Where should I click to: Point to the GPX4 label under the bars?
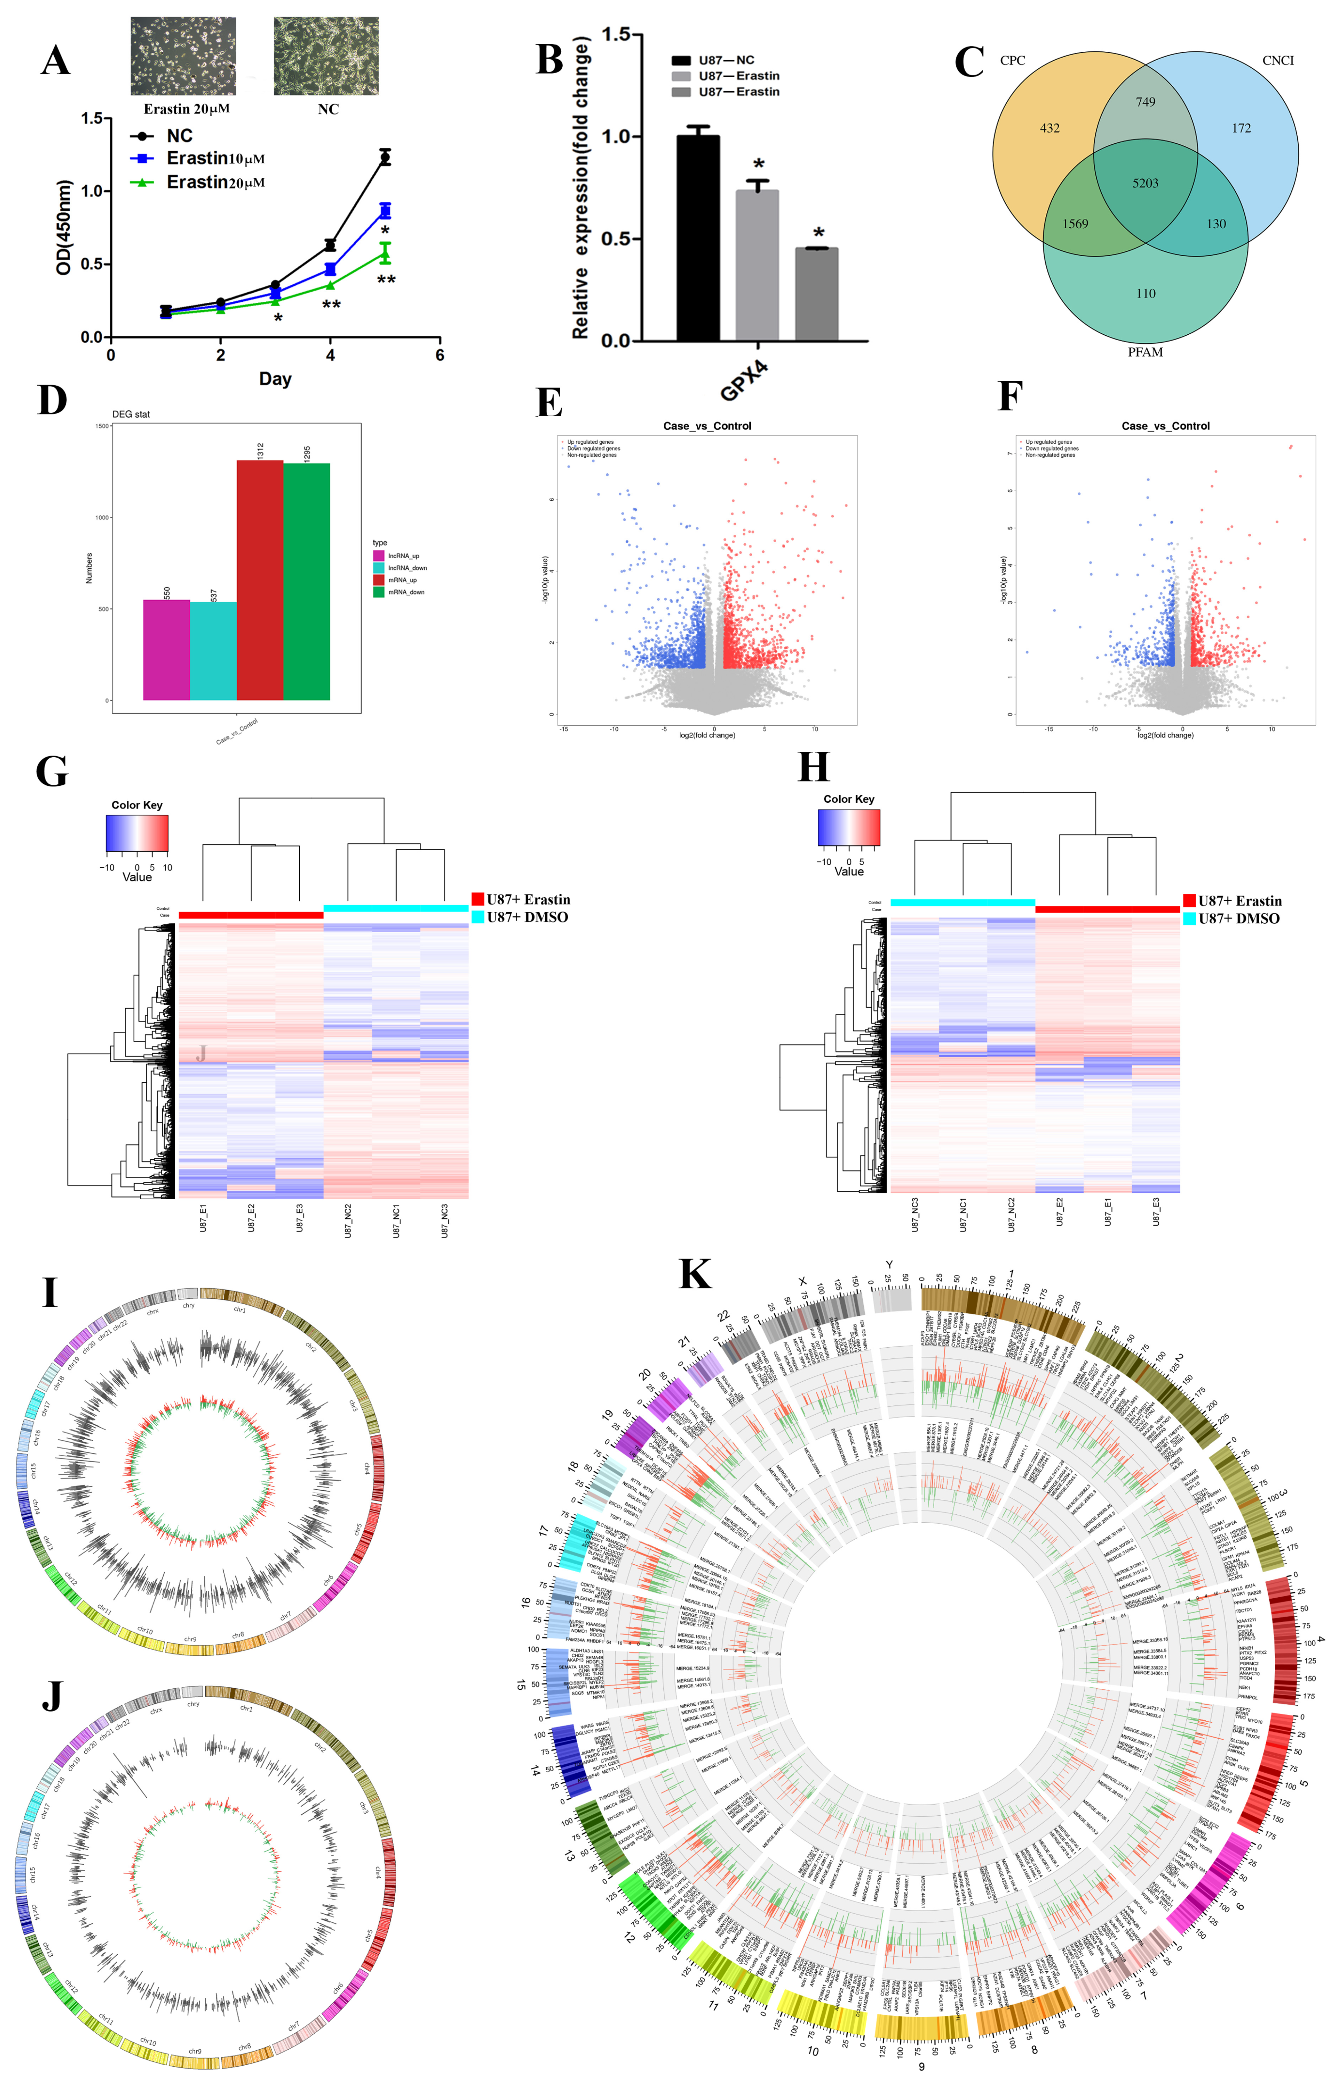pos(744,382)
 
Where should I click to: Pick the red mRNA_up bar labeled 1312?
pos(260,579)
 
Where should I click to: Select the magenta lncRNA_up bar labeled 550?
pos(167,650)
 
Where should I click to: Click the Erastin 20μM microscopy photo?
pos(183,56)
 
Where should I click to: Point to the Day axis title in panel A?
pos(275,379)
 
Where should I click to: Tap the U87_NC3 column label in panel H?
pos(915,1214)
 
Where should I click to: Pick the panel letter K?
pos(695,1275)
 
